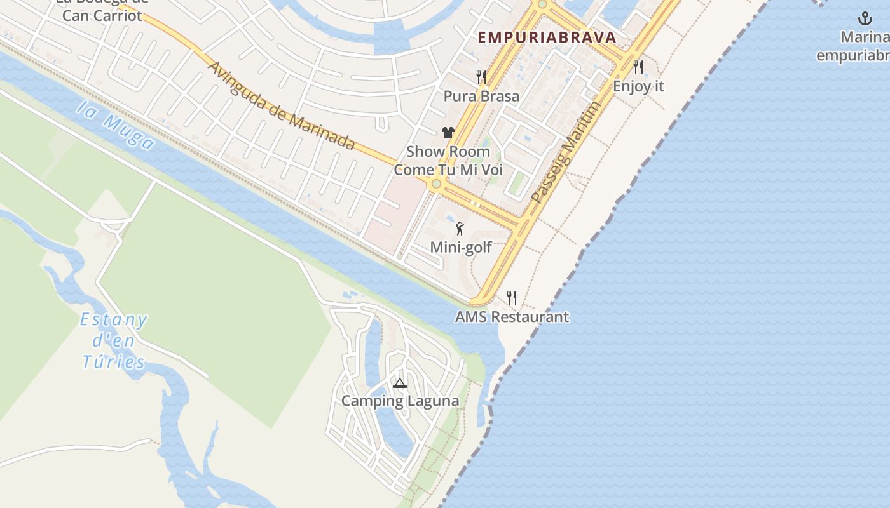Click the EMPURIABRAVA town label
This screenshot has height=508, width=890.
(547, 37)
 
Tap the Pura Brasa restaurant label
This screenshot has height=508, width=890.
(481, 97)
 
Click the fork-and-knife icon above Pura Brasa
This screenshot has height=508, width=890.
(481, 77)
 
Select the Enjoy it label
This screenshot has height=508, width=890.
(638, 86)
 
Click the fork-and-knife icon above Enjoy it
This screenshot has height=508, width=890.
(638, 67)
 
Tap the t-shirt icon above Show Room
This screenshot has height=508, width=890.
(448, 133)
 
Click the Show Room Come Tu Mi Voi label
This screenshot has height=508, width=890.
(448, 161)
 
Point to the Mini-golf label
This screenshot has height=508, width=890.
(461, 247)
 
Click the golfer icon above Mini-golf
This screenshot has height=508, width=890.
(460, 229)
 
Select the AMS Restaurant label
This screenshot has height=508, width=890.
(512, 317)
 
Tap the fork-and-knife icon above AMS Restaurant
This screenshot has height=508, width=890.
(512, 297)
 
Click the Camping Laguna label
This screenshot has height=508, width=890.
(400, 401)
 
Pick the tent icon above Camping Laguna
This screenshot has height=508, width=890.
(399, 383)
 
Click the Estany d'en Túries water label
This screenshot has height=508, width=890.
(114, 341)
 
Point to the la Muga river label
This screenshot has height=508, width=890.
(115, 124)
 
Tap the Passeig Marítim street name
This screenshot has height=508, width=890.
(566, 153)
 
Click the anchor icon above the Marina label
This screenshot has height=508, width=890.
(865, 18)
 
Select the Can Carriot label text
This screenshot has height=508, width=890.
(102, 16)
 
